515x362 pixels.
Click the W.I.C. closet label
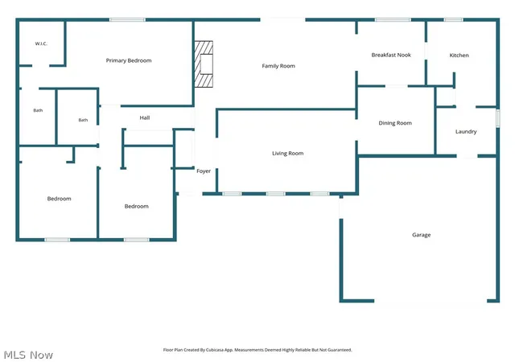click(41, 43)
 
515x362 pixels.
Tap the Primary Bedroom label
click(129, 60)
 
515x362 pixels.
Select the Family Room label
click(278, 66)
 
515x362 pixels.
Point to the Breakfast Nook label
click(391, 55)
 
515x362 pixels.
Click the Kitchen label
click(459, 56)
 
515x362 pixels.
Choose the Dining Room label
click(395, 123)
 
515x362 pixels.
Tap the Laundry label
click(466, 132)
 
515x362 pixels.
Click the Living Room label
click(288, 154)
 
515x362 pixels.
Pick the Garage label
click(422, 235)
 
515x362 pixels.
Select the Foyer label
click(204, 171)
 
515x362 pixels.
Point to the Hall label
click(145, 117)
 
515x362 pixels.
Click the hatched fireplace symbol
click(204, 64)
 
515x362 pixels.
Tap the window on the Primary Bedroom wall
click(127, 20)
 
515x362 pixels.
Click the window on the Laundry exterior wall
click(497, 118)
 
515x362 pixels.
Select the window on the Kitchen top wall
click(453, 20)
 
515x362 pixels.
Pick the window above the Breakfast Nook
click(393, 20)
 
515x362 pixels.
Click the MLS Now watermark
click(28, 355)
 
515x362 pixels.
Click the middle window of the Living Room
click(275, 194)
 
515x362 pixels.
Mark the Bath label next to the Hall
click(83, 120)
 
